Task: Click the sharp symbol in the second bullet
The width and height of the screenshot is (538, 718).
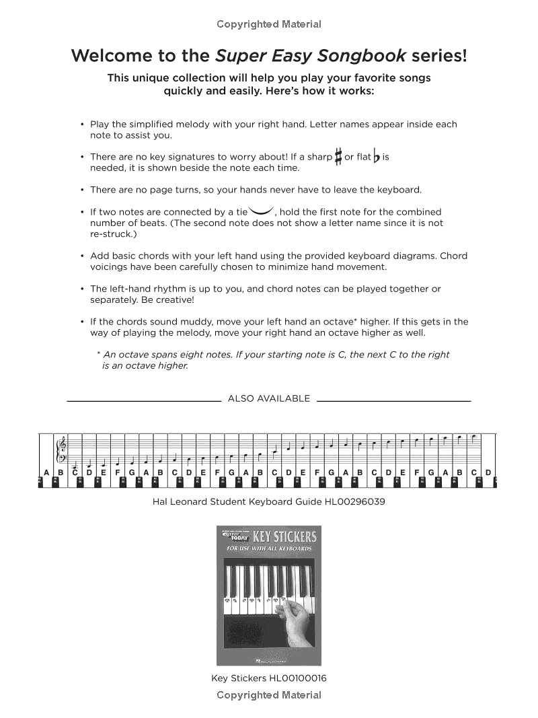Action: pos(339,157)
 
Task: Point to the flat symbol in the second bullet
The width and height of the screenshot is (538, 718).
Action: pos(377,157)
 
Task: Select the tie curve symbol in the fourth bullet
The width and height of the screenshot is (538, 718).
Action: pos(262,210)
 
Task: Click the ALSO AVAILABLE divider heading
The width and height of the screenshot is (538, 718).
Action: pos(269,398)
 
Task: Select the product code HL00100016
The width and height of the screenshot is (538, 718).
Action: pos(298,678)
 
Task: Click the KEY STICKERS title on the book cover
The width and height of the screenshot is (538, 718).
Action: pos(284,537)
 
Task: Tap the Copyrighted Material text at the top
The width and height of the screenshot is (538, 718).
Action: pos(269,24)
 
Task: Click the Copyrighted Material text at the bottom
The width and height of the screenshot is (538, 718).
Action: pos(269,695)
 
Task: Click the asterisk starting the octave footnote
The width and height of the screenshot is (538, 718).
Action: pos(98,354)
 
